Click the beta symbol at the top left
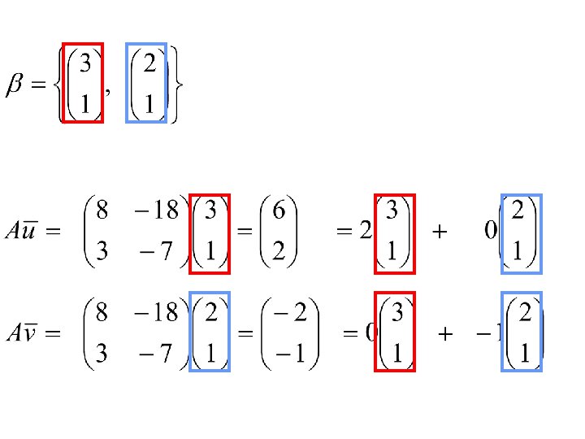tap(17, 85)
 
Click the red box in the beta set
tap(84, 82)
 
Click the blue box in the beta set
tap(146, 82)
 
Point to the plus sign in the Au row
tap(439, 233)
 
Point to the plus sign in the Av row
tap(445, 333)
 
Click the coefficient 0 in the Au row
tap(491, 233)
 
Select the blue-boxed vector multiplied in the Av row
tap(210, 332)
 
